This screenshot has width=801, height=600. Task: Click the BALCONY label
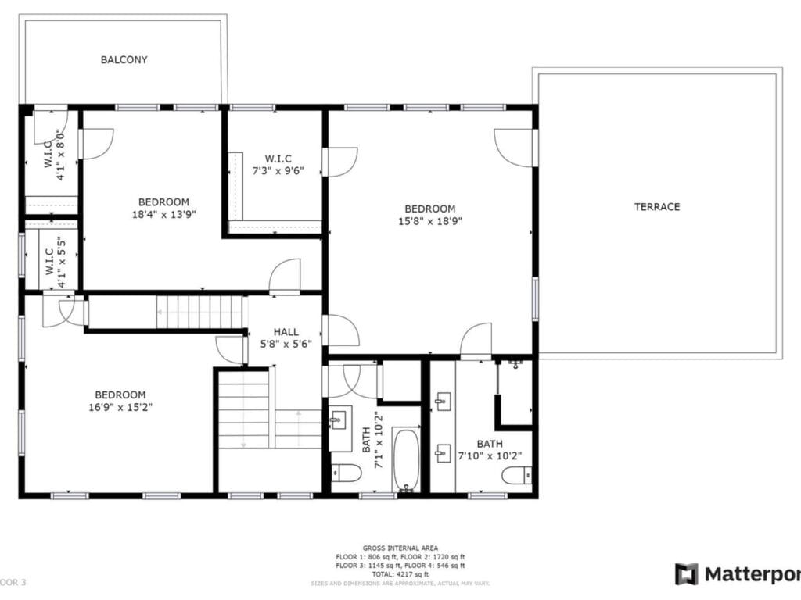[124, 60]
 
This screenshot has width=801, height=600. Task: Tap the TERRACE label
[656, 207]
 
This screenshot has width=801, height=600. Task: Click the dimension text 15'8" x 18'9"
[429, 220]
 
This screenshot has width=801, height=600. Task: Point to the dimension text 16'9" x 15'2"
[120, 406]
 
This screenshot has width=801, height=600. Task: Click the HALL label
[286, 332]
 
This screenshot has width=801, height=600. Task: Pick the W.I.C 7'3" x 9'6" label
[278, 164]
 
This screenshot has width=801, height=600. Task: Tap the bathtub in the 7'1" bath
[406, 460]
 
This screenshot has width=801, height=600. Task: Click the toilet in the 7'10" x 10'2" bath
[517, 475]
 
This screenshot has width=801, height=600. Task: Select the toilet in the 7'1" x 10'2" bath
[346, 473]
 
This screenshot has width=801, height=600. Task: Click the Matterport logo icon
[687, 574]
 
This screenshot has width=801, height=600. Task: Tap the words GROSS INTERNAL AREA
[400, 548]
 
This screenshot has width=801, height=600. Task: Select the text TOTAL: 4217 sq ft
[400, 573]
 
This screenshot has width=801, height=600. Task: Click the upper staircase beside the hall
[201, 312]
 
